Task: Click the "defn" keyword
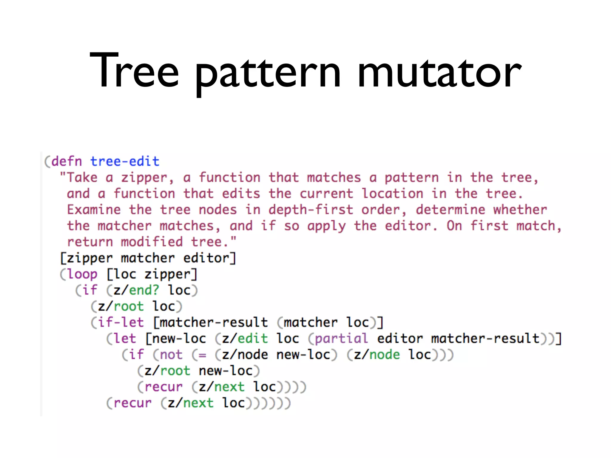coord(67,161)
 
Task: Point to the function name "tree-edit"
coord(125,161)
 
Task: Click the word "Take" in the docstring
coord(82,178)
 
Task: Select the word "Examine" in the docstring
coord(94,210)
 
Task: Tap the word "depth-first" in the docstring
coord(311,210)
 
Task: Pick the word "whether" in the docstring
coord(520,210)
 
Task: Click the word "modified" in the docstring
coord(152,242)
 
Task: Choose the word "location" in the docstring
coord(392,194)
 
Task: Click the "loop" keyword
coord(82,274)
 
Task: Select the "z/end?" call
coord(136,290)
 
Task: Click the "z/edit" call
coord(245,338)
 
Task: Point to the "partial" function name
coord(341,338)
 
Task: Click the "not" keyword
coord(171,355)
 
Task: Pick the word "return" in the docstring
coord(90,242)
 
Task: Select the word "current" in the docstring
coord(326,194)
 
